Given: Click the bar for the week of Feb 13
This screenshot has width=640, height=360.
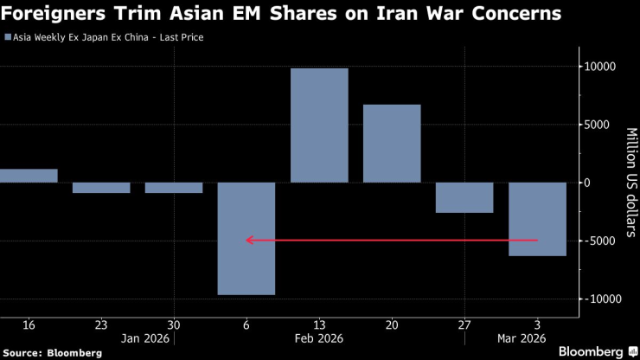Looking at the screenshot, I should pos(319,125).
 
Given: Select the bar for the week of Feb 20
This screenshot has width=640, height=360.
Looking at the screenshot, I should pos(392,144).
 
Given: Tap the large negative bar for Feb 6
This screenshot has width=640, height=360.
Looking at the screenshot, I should pos(246,239).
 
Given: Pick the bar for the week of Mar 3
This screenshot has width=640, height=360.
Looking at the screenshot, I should pos(537,219).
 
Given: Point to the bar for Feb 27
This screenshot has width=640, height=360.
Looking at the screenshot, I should pos(464,197).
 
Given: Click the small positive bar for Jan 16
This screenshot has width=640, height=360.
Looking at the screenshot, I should pos(29,176).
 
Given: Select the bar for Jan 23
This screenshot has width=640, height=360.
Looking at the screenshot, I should pos(101,188).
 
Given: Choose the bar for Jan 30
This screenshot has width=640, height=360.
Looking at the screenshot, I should pos(174,188).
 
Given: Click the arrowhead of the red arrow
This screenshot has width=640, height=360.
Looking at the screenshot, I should pos(250,240).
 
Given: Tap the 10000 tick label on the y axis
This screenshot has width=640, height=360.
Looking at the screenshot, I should pos(598,67).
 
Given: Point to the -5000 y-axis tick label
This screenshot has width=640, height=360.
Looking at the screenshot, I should pos(598,241).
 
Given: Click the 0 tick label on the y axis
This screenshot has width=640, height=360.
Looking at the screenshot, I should pos(587,183).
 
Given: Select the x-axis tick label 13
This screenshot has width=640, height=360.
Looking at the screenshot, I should pos(319,325).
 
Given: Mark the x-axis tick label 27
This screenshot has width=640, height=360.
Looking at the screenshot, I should pos(464,325).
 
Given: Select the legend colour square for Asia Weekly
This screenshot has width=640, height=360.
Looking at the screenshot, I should pos(9,38).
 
